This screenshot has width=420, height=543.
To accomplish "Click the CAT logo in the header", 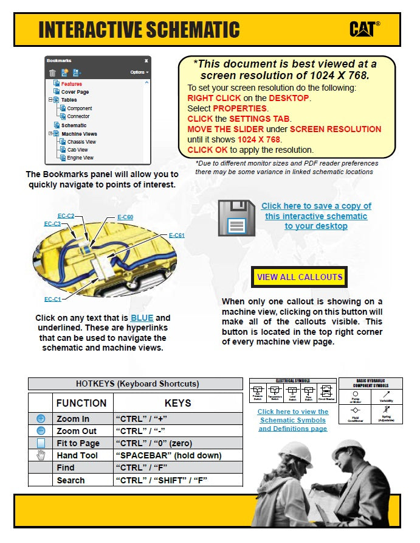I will point(365,29).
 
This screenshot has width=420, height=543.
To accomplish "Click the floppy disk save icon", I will point(236,217).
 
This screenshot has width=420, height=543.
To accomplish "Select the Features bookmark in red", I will point(71,84).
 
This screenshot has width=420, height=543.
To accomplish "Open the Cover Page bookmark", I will point(75,92).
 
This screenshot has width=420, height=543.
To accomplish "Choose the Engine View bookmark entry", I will point(80,158).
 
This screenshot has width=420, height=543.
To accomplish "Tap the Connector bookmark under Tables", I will point(78,116).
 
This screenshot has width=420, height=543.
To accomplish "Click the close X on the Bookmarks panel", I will point(146,61).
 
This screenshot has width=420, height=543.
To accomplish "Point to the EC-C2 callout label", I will point(66,216).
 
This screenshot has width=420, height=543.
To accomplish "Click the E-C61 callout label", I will point(176,236).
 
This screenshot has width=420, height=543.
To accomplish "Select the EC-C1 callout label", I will point(52,299).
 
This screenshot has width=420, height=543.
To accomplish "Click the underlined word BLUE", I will point(142,318).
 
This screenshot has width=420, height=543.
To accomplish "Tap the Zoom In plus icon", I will point(41,419).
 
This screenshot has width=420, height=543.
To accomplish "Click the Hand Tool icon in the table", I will point(41,455).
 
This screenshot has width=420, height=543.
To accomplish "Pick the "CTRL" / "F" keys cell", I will point(142,468).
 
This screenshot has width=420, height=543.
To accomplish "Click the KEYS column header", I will point(177,403).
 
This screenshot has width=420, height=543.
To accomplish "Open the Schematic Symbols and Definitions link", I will point(292,420).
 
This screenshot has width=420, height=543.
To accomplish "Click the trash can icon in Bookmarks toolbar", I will point(52,72).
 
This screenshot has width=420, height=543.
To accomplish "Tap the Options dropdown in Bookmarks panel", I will point(139,72).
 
